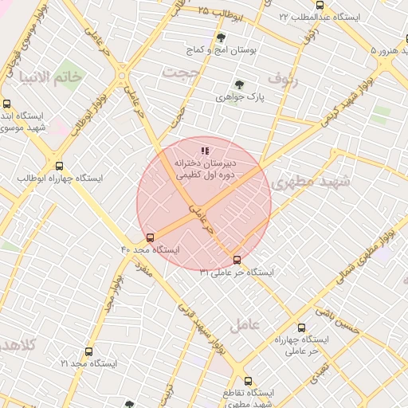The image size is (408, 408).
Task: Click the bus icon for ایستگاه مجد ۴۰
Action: pyautogui.click(x=151, y=237)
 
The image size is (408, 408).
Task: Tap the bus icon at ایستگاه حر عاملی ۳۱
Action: pyautogui.click(x=237, y=260)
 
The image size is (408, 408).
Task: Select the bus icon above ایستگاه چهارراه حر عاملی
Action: pyautogui.click(x=300, y=327)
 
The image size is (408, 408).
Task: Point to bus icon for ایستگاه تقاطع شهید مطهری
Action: pyautogui.click(x=248, y=381)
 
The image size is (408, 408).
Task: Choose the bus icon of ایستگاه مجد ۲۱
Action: pyautogui.click(x=88, y=351)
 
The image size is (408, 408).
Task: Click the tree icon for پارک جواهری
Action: pyautogui.click(x=238, y=84)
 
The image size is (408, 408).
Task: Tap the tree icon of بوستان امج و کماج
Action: pyautogui.click(x=221, y=37)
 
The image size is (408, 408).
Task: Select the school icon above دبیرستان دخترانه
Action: pyautogui.click(x=205, y=149)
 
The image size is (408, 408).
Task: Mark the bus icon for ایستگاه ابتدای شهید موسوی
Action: pyautogui.click(x=7, y=104)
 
